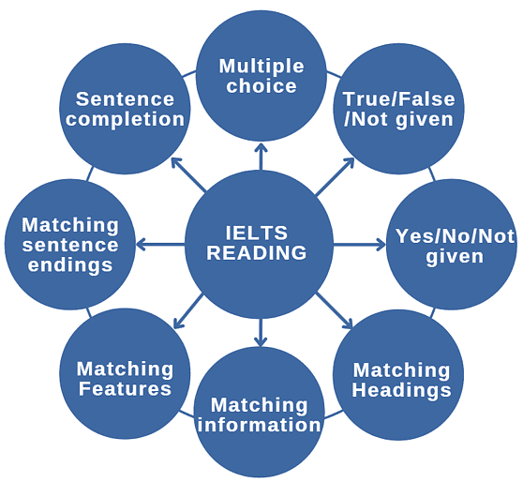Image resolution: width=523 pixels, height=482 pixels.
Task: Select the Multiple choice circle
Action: coord(261,76)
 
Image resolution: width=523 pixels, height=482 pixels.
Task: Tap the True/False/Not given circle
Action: coord(398,109)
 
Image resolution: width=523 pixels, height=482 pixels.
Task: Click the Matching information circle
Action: coord(259,414)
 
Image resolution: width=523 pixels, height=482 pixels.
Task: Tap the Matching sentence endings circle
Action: coord(69,245)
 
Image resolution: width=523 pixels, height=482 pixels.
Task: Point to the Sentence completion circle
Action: coord(125,109)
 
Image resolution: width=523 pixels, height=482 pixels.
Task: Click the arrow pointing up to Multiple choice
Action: coord(261,156)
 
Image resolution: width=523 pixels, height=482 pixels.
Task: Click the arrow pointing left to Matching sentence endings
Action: coord(161,245)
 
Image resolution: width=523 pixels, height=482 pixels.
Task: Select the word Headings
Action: coord(402,389)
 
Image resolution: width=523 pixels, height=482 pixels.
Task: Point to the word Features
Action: coord(125,388)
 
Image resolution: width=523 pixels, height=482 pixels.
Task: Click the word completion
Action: coord(125,119)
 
